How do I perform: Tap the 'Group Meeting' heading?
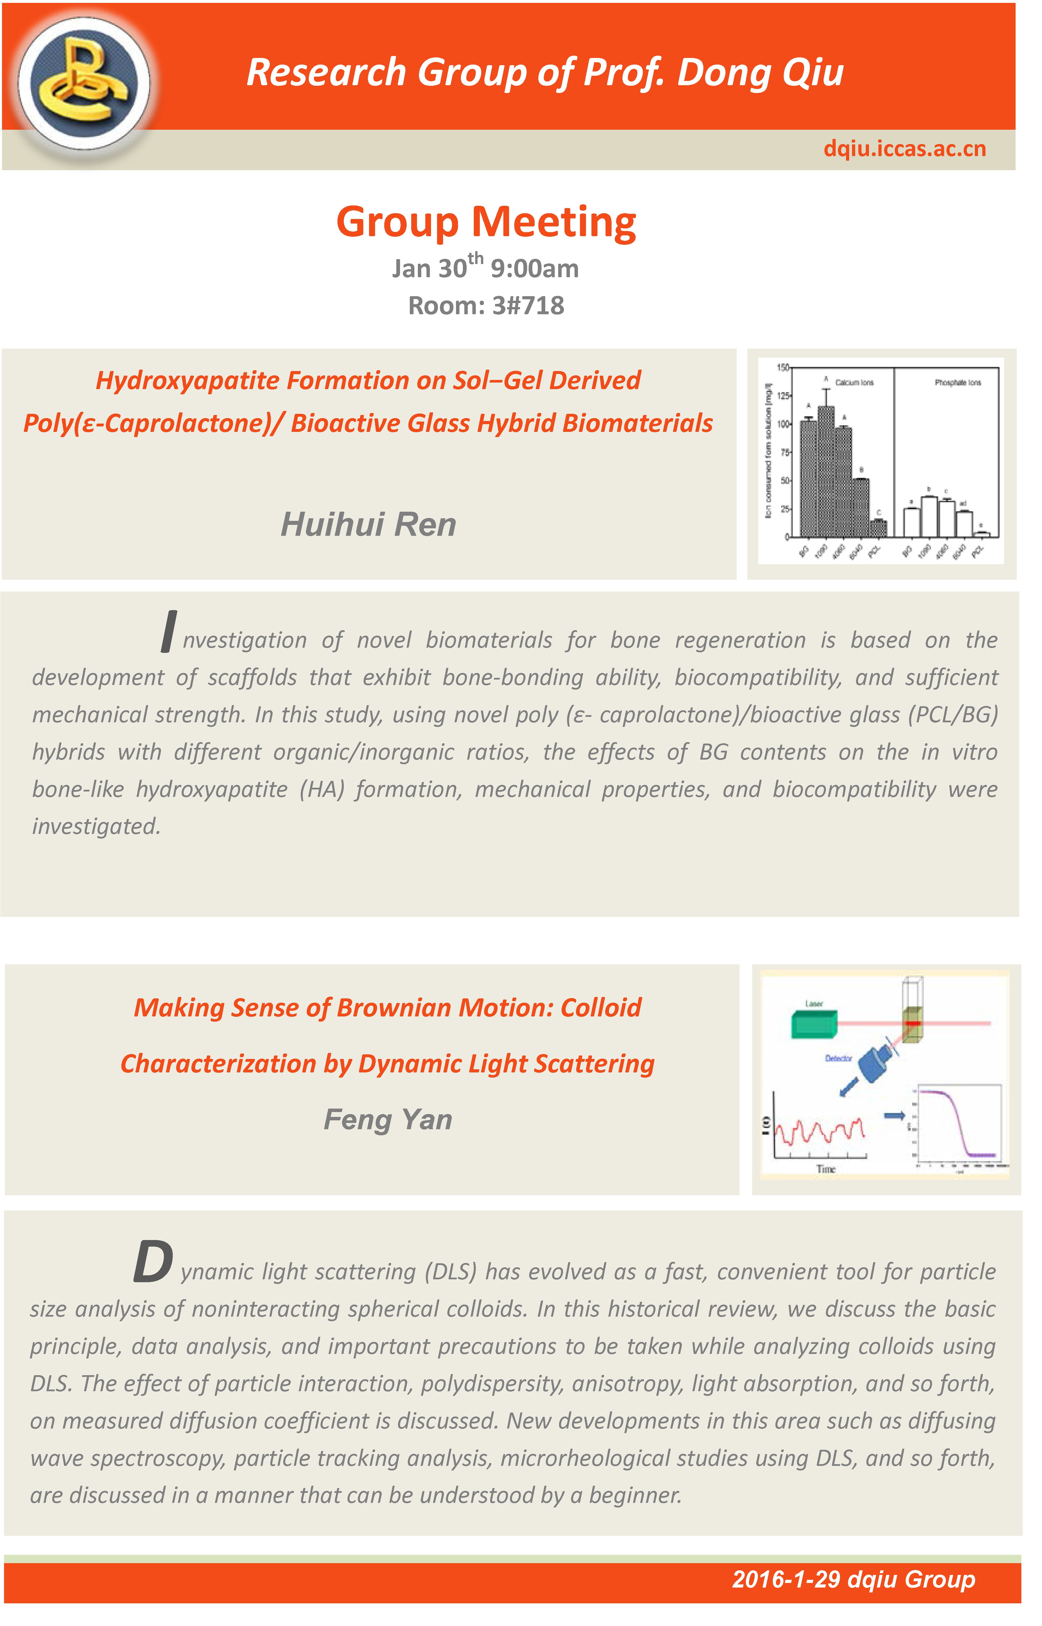pos(486,222)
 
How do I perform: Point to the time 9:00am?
pos(535,269)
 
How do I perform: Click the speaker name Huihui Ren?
pos(369,524)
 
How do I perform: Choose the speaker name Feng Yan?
pos(388,1119)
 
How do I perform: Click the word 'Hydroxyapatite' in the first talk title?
pos(188,380)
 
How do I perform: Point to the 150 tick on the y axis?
pos(783,367)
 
